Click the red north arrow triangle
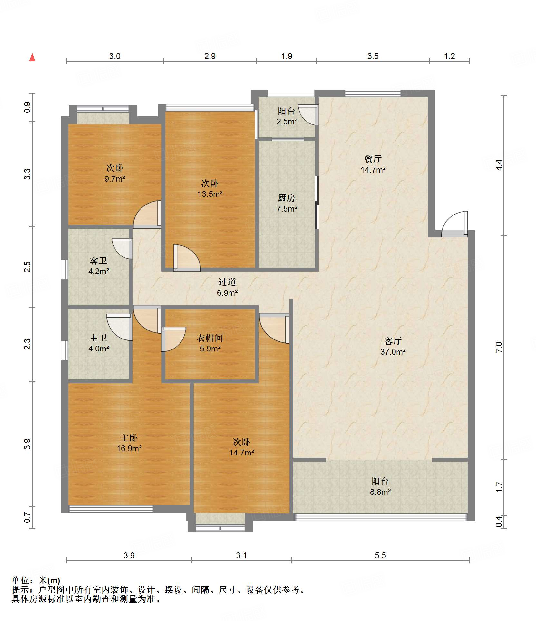[32, 57]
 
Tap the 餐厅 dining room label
[373, 159]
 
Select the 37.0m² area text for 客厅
[393, 352]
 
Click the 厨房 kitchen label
[287, 198]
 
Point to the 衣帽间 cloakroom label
[210, 338]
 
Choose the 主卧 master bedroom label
[129, 438]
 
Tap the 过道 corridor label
[227, 282]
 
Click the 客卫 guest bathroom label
[98, 261]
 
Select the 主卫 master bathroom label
[98, 338]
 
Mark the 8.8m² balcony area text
[380, 492]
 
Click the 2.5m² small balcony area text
[287, 121]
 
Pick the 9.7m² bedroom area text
[115, 178]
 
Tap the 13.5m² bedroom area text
[210, 194]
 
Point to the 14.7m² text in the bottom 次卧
[242, 453]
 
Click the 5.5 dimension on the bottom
[380, 555]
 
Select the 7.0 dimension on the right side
[499, 347]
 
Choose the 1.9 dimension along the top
[287, 56]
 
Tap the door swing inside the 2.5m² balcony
[308, 115]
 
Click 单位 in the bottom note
[20, 580]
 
